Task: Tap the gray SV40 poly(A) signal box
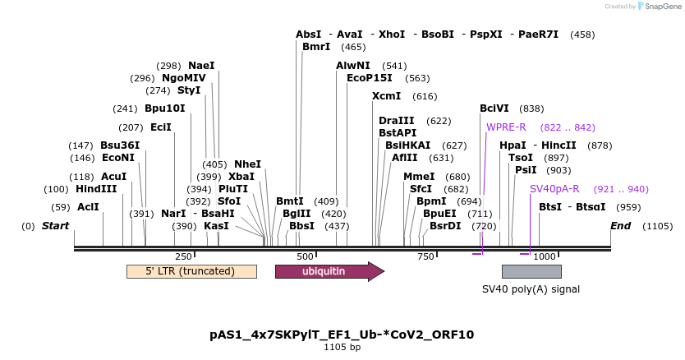[x=531, y=271]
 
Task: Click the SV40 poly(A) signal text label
[x=531, y=289]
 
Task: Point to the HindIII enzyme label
[x=96, y=189]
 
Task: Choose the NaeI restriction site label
[x=201, y=66]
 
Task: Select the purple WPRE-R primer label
[x=506, y=127]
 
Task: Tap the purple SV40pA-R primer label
[x=554, y=189]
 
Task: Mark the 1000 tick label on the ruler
[x=545, y=256]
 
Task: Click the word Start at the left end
[x=56, y=226]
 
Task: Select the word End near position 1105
[x=622, y=226]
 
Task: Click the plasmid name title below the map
[x=342, y=335]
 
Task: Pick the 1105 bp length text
[x=342, y=348]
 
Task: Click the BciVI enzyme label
[x=494, y=108]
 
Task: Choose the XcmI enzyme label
[x=387, y=96]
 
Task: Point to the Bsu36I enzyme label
[x=120, y=145]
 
